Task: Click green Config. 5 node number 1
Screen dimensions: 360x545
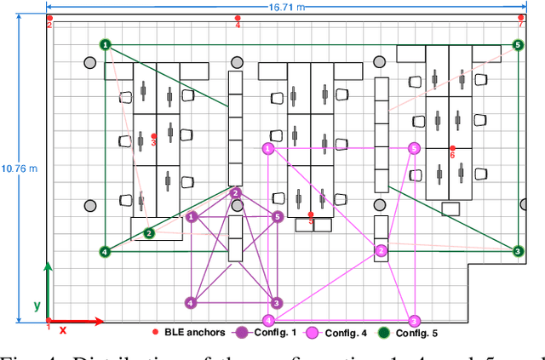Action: pyautogui.click(x=105, y=44)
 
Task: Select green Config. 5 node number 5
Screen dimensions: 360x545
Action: pyautogui.click(x=518, y=45)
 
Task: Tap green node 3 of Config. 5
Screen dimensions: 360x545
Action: pyautogui.click(x=517, y=251)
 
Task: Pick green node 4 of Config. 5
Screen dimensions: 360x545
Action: pyautogui.click(x=105, y=252)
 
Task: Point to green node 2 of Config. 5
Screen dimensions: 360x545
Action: pyautogui.click(x=149, y=232)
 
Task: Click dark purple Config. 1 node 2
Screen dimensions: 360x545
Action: pyautogui.click(x=236, y=193)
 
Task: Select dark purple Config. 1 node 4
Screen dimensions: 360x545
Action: pyautogui.click(x=191, y=302)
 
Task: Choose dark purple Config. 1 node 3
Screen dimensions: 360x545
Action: pyautogui.click(x=276, y=302)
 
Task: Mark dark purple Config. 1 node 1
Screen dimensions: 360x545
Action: pyautogui.click(x=192, y=217)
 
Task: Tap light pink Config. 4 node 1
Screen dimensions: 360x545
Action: pyautogui.click(x=268, y=149)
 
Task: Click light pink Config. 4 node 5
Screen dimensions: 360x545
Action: pyautogui.click(x=414, y=148)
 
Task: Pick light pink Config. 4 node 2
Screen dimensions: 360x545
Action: pyautogui.click(x=381, y=250)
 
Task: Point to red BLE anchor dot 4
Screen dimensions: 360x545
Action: pyautogui.click(x=238, y=17)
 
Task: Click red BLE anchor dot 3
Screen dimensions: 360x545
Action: pyautogui.click(x=154, y=136)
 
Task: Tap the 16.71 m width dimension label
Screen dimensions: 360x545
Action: pyautogui.click(x=286, y=7)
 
